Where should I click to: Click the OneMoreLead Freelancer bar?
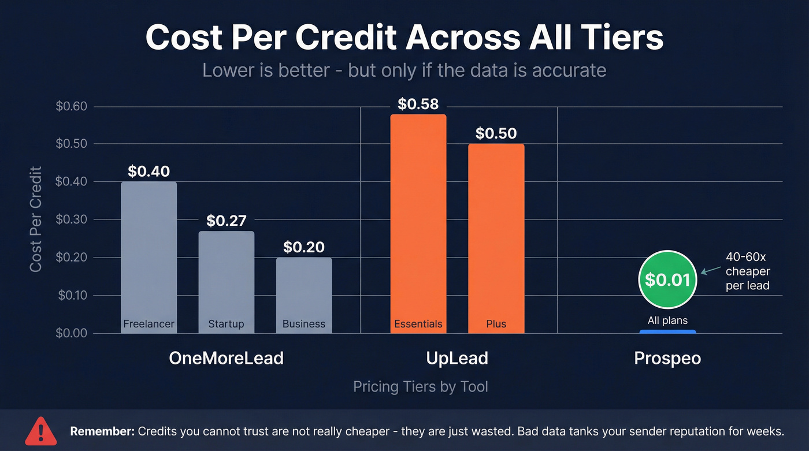coord(149,254)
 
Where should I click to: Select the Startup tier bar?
coord(226,277)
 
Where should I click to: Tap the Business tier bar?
coord(303,292)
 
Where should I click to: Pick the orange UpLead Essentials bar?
coord(418,219)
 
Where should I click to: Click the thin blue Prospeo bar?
coord(667,331)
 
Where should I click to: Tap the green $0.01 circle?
coord(667,279)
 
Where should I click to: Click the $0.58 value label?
coord(418,105)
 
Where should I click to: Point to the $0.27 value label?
coord(226,221)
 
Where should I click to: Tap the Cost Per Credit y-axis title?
coord(36,219)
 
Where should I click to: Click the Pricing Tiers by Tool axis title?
coord(420,386)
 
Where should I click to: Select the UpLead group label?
coord(457,358)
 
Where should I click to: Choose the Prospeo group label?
coord(667,358)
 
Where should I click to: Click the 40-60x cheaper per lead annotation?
coord(747,271)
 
